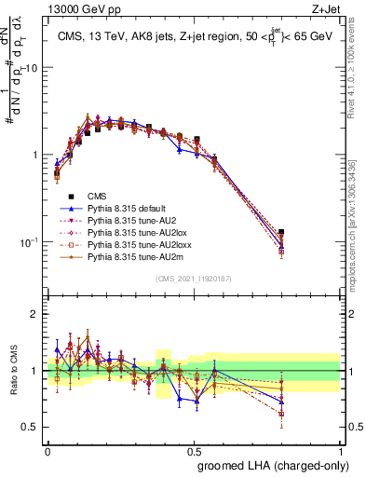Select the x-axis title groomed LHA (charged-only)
(269, 464)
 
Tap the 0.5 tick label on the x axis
(194, 448)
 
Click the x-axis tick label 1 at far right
(341, 448)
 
